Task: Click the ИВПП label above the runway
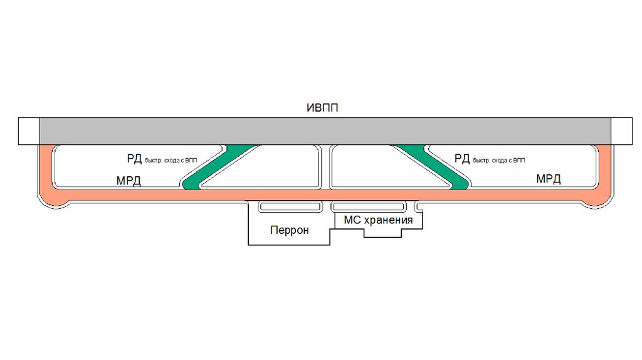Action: click(x=322, y=108)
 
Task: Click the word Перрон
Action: click(x=290, y=230)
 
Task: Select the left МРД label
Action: click(x=129, y=181)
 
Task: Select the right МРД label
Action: click(x=549, y=179)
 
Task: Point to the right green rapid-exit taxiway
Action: click(x=433, y=166)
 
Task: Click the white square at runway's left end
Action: click(x=29, y=130)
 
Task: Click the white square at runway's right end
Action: click(x=623, y=130)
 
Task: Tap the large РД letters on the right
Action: click(x=462, y=158)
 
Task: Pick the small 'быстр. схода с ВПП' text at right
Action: click(x=500, y=161)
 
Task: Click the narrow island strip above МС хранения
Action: click(x=368, y=206)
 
